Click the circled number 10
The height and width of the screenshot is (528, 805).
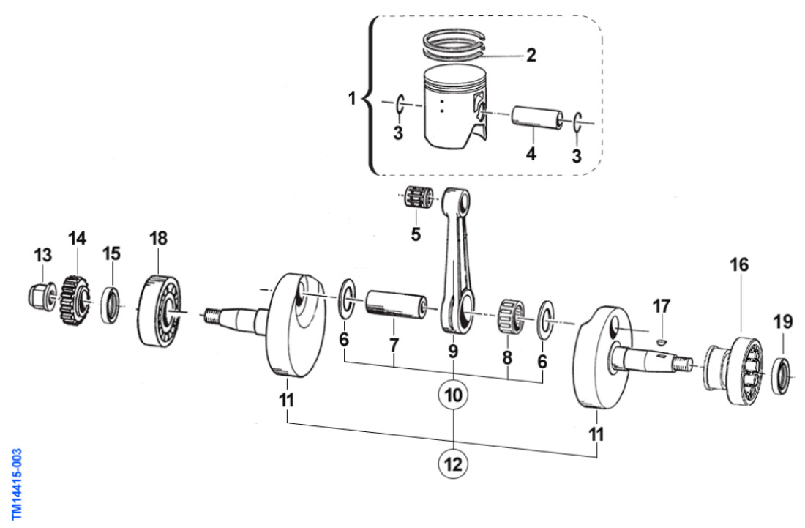[453, 395]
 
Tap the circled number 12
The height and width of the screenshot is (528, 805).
[453, 463]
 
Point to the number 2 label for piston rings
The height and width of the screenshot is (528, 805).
[531, 55]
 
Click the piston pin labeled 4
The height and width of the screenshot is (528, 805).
[536, 119]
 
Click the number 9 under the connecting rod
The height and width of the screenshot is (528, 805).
[453, 352]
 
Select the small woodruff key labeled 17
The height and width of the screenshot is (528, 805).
[660, 339]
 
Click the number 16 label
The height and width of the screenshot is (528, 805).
[740, 264]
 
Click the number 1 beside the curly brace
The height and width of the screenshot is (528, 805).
[353, 97]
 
